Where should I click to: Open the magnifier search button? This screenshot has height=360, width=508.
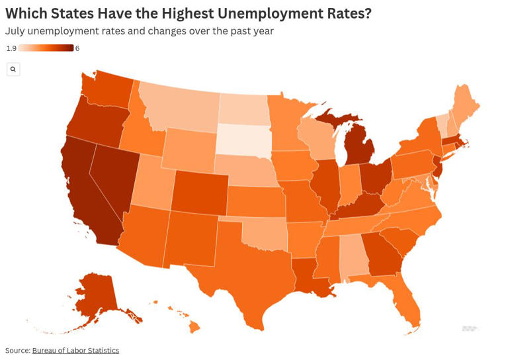pos(13,69)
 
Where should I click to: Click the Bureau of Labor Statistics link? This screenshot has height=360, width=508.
pos(75,350)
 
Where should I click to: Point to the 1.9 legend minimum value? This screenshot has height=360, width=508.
pos(11,48)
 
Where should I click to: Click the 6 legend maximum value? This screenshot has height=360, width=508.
pos(77,48)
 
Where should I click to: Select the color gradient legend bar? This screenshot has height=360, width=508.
pos(46,48)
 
